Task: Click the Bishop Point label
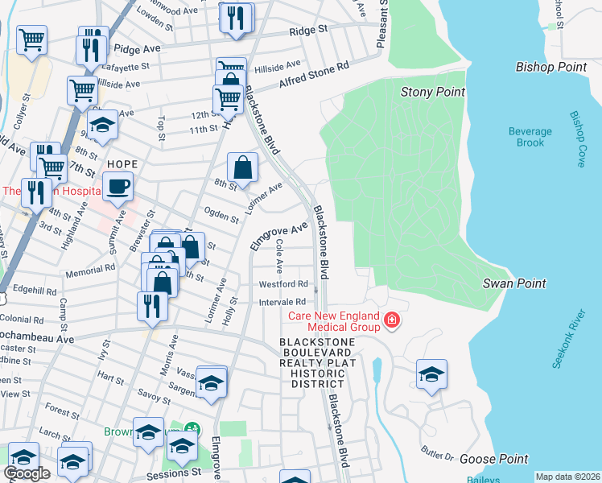(x=551, y=68)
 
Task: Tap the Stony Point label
(x=433, y=93)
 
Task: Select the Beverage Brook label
(x=530, y=137)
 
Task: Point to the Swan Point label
(x=514, y=283)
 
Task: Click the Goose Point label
(x=494, y=459)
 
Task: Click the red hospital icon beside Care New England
(x=392, y=320)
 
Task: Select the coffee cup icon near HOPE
(x=118, y=187)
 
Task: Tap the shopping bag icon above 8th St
(x=242, y=168)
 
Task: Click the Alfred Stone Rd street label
(x=314, y=76)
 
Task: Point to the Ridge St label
(x=309, y=30)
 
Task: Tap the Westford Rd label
(x=282, y=284)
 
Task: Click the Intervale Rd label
(x=282, y=302)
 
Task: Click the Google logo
(x=27, y=473)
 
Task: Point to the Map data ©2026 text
(x=567, y=477)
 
